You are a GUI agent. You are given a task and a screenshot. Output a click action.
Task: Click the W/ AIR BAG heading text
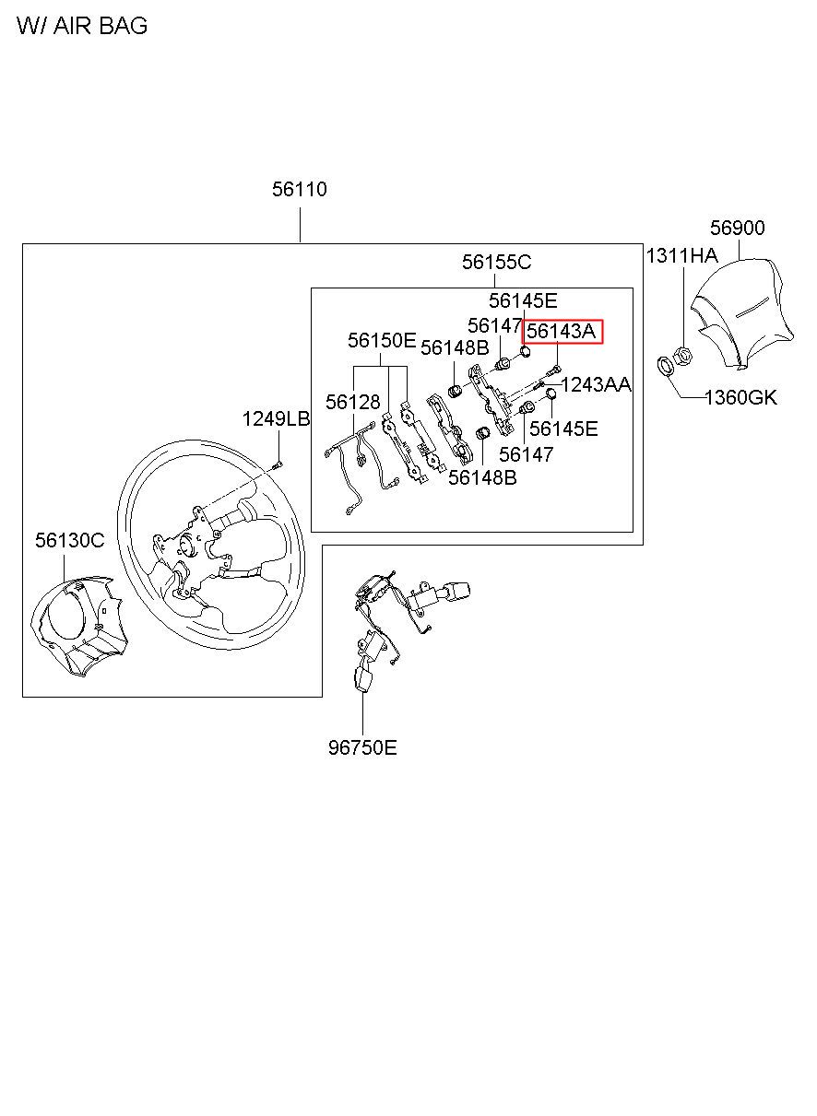pyautogui.click(x=81, y=26)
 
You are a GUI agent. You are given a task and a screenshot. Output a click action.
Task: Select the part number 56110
pyautogui.click(x=300, y=190)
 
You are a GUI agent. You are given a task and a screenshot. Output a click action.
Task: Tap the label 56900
pyautogui.click(x=737, y=229)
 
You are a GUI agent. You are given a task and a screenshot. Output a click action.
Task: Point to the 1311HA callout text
pyautogui.click(x=681, y=256)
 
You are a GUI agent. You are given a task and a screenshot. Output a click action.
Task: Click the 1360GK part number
pyautogui.click(x=740, y=398)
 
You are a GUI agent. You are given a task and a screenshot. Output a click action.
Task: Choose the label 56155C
pyautogui.click(x=496, y=263)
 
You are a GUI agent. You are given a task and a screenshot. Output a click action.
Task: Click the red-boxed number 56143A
pyautogui.click(x=562, y=331)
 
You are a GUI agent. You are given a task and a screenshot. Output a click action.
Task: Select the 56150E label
pyautogui.click(x=382, y=341)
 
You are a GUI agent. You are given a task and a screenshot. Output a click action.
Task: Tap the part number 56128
pyautogui.click(x=352, y=403)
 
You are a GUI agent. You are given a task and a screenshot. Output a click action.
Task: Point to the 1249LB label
pyautogui.click(x=276, y=419)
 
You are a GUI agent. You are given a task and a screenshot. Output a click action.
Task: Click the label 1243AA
pyautogui.click(x=596, y=384)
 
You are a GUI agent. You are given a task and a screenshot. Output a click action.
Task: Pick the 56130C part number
pyautogui.click(x=70, y=541)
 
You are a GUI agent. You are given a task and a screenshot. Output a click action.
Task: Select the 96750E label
pyautogui.click(x=362, y=747)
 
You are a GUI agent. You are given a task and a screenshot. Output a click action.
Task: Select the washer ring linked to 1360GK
pyautogui.click(x=664, y=366)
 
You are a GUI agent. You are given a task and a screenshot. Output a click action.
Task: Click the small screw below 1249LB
pyautogui.click(x=278, y=463)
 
